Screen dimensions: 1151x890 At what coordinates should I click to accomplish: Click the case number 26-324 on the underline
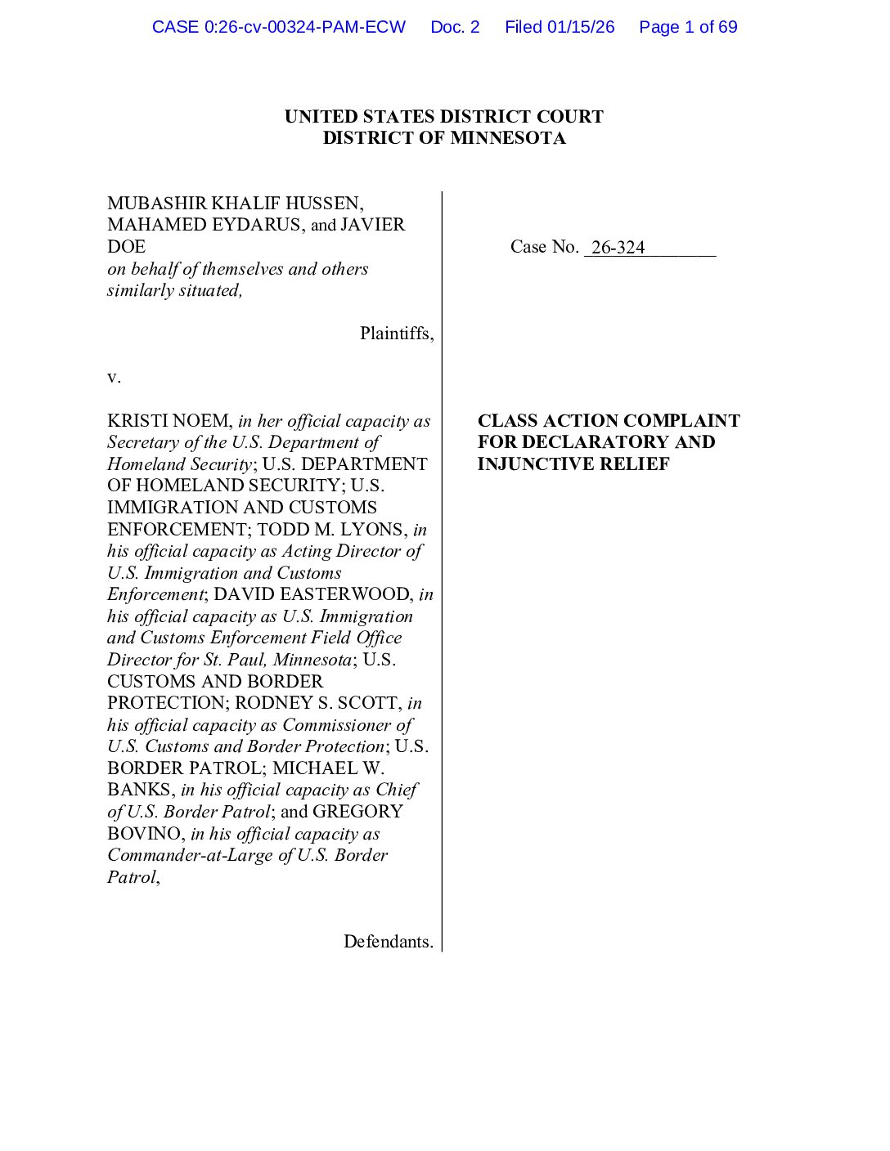click(x=618, y=247)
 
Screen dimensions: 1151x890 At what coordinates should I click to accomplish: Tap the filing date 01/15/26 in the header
click(x=581, y=27)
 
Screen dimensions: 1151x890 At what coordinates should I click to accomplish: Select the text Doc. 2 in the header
click(x=455, y=27)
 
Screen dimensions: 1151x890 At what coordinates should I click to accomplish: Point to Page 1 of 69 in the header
click(x=688, y=27)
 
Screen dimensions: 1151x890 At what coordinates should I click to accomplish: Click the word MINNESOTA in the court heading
click(x=508, y=138)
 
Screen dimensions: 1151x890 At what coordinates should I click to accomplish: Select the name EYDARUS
click(x=254, y=225)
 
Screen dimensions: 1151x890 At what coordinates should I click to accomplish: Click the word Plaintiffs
click(x=396, y=334)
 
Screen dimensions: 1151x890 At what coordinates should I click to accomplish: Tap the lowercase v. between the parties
click(x=114, y=377)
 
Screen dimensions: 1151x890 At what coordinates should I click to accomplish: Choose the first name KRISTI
click(x=138, y=421)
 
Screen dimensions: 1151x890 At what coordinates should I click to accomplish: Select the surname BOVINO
click(x=144, y=834)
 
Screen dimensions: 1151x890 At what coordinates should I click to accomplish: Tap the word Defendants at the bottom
click(x=388, y=942)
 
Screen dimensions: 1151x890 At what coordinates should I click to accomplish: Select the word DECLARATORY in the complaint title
click(x=596, y=442)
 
